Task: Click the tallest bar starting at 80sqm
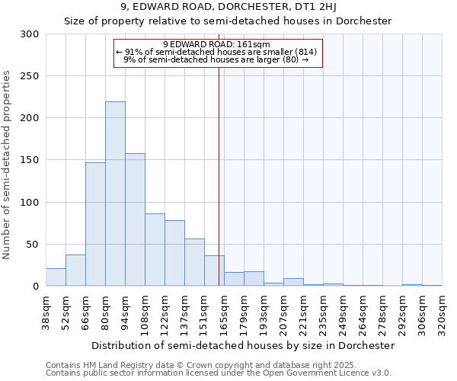click(115, 194)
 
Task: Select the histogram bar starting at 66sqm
click(95, 224)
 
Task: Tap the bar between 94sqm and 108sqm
click(135, 219)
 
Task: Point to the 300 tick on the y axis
click(30, 34)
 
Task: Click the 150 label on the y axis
click(30, 160)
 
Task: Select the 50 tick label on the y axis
click(33, 245)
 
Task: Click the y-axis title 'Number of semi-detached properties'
click(8, 165)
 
